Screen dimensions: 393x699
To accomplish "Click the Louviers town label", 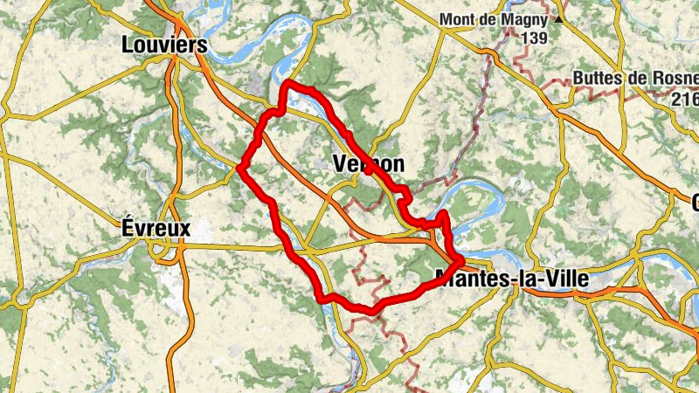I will [164, 45].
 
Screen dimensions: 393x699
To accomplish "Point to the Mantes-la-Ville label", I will [511, 280].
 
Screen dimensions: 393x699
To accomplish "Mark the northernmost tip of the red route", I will [287, 84].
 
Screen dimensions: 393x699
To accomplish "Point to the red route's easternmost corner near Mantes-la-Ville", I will [460, 260].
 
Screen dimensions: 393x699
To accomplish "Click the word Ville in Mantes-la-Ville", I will [565, 280].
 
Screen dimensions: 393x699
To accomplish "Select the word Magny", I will [525, 18].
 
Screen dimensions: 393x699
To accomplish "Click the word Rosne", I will [673, 78].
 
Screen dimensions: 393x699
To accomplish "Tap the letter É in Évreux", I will [123, 228].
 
